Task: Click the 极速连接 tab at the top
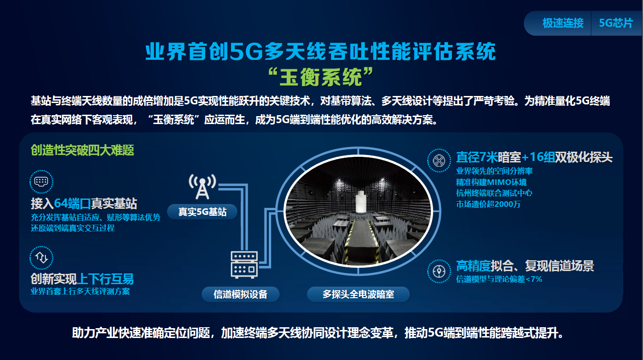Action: point(562,23)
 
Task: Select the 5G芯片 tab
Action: point(616,23)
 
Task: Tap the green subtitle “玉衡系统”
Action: point(320,77)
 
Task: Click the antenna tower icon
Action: point(202,186)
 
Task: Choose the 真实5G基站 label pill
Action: point(202,212)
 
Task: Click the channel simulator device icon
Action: point(244,264)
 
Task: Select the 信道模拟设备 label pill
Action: point(241,294)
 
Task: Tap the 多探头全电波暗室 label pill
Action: point(358,294)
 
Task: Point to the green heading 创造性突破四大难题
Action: point(82,150)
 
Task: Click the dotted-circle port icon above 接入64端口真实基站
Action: point(41,182)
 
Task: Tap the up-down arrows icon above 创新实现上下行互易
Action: point(41,257)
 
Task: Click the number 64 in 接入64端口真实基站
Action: point(61,203)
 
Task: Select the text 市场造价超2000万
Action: point(488,204)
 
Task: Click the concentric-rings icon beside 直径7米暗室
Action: point(439,161)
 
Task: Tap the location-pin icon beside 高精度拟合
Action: point(439,271)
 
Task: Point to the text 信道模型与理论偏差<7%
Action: point(499,279)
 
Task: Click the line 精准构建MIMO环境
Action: point(491,182)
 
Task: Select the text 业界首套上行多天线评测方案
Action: point(81,292)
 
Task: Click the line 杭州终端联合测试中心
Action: point(494,193)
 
